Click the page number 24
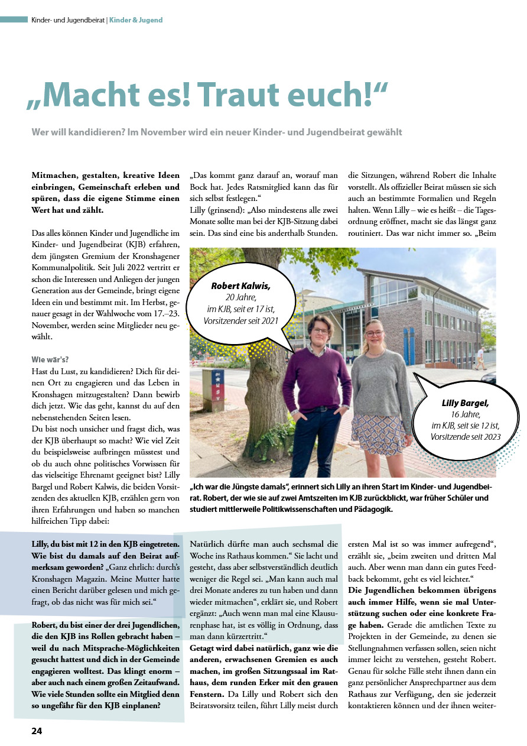(x=37, y=731)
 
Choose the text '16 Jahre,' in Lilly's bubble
(x=465, y=414)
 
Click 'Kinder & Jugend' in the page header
(x=136, y=20)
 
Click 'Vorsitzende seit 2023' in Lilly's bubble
(x=466, y=437)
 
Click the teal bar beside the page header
(x=14, y=20)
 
